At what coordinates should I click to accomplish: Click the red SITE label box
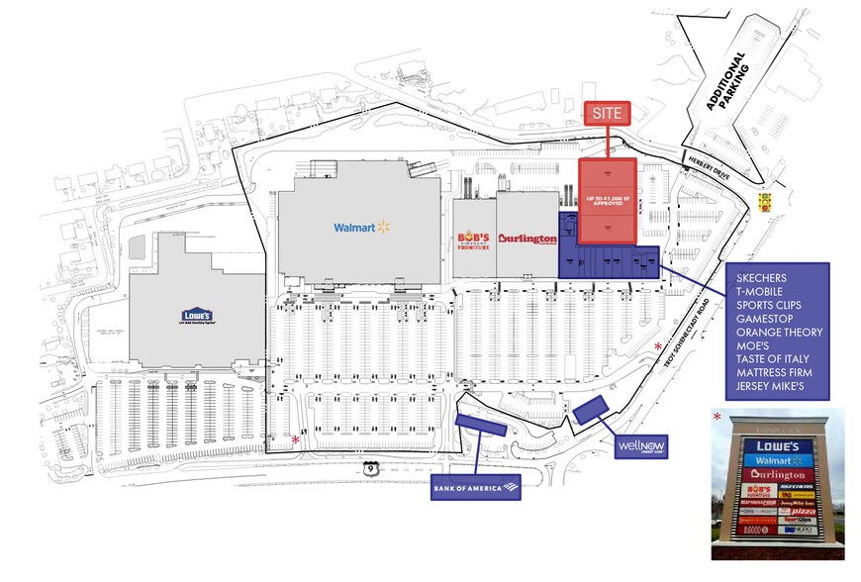click(x=607, y=114)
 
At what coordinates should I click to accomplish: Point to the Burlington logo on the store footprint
click(x=527, y=239)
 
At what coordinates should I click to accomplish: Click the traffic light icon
click(x=763, y=201)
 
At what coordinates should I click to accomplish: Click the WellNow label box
click(x=641, y=446)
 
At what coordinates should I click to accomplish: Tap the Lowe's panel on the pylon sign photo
click(x=779, y=445)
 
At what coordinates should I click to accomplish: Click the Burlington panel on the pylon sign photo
click(x=779, y=474)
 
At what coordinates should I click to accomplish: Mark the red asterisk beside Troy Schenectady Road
click(x=660, y=345)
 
